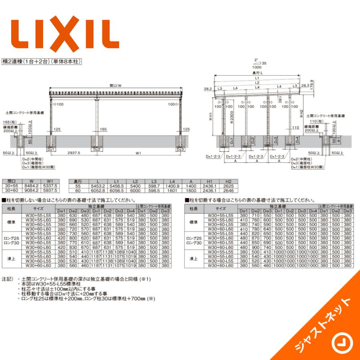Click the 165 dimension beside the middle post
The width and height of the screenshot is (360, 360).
pos(103,129)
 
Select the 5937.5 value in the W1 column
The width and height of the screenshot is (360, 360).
pos(52,190)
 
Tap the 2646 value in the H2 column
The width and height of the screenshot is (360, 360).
pos(228,190)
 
